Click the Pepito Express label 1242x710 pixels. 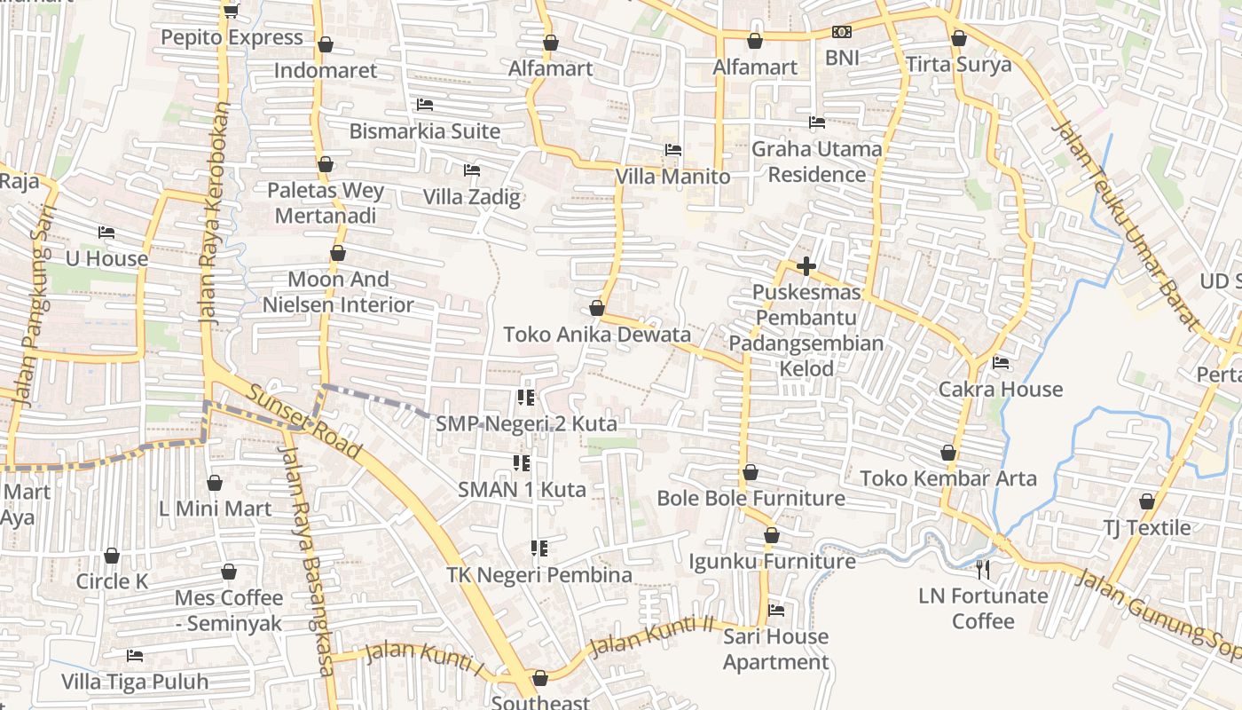tap(232, 37)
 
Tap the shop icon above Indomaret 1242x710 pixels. tap(326, 43)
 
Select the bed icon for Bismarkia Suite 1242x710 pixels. tap(425, 105)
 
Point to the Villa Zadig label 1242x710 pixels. tap(471, 196)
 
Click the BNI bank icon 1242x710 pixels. tap(841, 32)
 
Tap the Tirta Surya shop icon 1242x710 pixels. tap(958, 38)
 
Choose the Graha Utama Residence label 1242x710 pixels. tap(816, 162)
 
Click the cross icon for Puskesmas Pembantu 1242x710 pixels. tap(806, 265)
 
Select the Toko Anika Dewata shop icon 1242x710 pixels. tap(596, 308)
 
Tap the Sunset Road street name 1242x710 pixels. tap(303, 422)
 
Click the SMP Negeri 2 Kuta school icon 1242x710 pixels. tap(526, 398)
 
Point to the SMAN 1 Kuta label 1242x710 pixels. tap(522, 489)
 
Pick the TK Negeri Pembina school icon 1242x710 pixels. tap(538, 548)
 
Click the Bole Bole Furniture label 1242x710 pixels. tap(751, 498)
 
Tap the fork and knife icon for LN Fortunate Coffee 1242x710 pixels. tap(982, 569)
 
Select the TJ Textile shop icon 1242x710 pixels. tap(1146, 501)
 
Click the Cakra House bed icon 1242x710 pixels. tap(1001, 362)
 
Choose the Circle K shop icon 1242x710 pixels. tap(112, 556)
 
